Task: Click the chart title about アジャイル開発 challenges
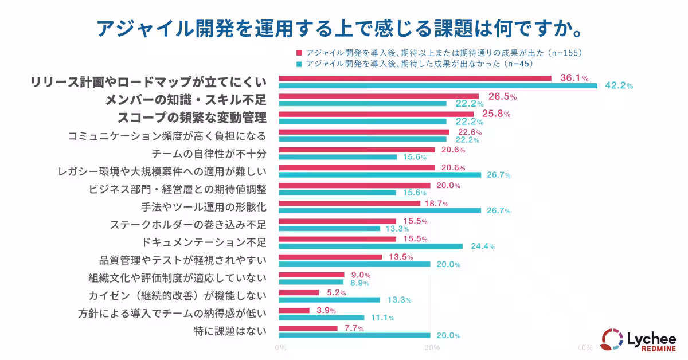coord(343,26)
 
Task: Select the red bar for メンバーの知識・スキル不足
coord(378,96)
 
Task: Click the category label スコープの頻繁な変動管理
coord(192,118)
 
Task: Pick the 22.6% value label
coord(466,132)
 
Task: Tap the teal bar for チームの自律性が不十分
coord(338,157)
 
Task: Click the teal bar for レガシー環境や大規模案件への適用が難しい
coord(380,175)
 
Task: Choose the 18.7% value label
coord(436,204)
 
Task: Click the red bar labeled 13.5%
coord(330,257)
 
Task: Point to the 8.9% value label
coord(360,283)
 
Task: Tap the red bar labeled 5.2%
coord(299,292)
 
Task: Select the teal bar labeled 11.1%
coord(321,318)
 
